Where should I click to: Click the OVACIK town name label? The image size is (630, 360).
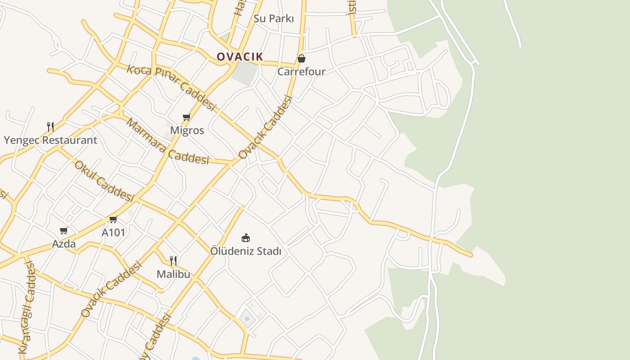(239, 57)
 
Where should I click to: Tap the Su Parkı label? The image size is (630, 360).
(274, 19)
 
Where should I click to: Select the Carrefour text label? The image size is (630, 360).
(301, 72)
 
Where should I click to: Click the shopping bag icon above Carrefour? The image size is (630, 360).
(301, 58)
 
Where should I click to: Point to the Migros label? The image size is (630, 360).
(187, 130)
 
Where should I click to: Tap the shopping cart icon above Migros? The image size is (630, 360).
(187, 117)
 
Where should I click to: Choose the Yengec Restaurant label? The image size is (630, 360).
(50, 140)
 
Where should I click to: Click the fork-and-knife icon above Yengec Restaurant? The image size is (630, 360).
(50, 127)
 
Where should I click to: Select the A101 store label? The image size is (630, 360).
(113, 233)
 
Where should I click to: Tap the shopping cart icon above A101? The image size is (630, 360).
(113, 220)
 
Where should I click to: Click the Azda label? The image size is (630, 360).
(64, 244)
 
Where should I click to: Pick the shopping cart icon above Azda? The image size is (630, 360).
(64, 231)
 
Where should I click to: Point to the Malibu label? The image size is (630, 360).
(173, 274)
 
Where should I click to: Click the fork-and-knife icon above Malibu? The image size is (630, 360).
(173, 261)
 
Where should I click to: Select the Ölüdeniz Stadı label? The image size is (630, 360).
(246, 251)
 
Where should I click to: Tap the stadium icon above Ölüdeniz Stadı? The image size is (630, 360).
(246, 238)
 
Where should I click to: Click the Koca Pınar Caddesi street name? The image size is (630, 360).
(171, 87)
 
